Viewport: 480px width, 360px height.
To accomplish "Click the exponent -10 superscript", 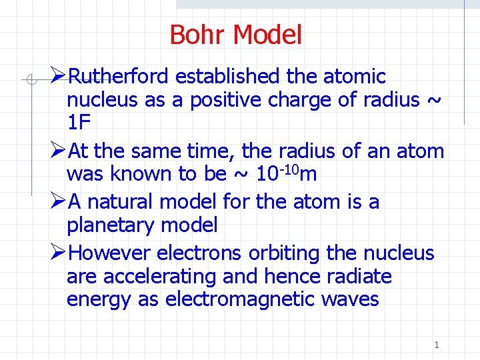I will pyautogui.click(x=291, y=168).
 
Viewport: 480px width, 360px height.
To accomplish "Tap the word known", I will pyautogui.click(x=139, y=174).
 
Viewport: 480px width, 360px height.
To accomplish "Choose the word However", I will pyautogui.click(x=111, y=253).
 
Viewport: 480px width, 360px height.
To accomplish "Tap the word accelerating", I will pyautogui.click(x=154, y=276).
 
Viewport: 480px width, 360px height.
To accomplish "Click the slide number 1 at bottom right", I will pyautogui.click(x=437, y=345).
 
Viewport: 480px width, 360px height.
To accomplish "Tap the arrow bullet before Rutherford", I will pyautogui.click(x=58, y=76).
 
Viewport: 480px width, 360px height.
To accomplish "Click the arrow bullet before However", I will pyautogui.click(x=58, y=253).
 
